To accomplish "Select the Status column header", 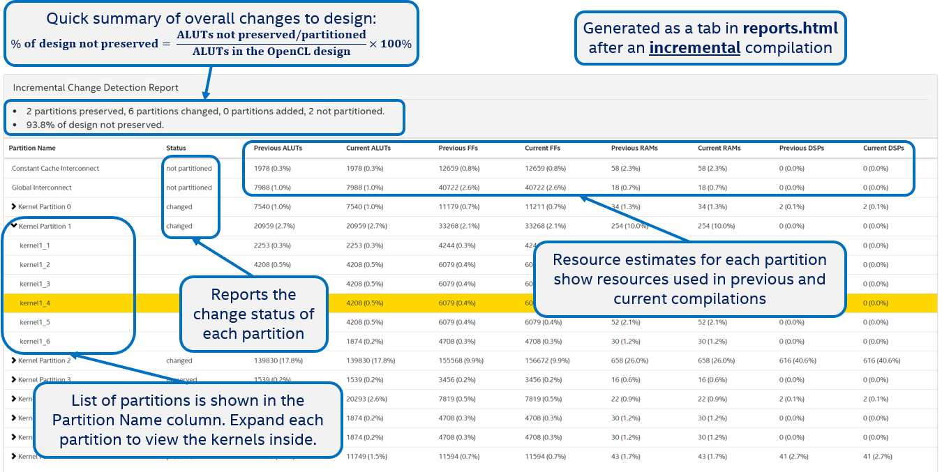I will [176, 149].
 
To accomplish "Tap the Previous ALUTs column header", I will [278, 149].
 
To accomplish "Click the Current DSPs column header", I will [883, 149].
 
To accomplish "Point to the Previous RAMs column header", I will [634, 149].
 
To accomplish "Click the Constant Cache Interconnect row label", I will [55, 168].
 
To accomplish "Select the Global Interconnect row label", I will [42, 188].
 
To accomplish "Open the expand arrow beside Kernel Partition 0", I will [14, 207].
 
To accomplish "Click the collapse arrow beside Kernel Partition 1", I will [14, 226].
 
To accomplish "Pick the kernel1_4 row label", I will [35, 303].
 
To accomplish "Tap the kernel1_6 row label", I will [35, 342].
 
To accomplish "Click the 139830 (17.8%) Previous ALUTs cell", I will [277, 360].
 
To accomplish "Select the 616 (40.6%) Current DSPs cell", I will [881, 360].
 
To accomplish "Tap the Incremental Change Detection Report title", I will [96, 88].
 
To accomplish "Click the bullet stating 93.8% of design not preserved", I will [95, 125].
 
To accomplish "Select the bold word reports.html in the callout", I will [790, 29].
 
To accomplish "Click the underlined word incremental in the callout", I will [694, 48].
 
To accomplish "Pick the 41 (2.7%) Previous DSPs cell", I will [794, 457].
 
